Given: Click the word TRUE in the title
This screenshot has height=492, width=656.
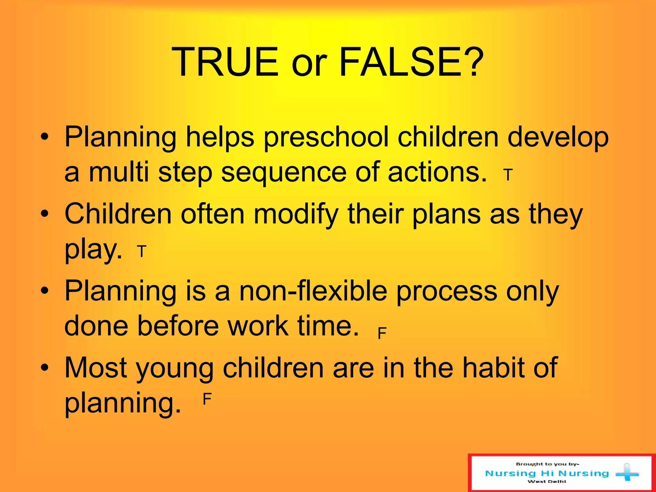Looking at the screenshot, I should (225, 62).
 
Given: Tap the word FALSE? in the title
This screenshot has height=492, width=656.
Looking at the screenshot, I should (411, 62).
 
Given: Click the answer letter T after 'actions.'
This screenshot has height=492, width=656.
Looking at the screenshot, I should (508, 175).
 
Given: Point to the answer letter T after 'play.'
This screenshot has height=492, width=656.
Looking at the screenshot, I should (142, 251).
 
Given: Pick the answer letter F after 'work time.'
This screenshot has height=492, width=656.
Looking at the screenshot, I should (382, 333).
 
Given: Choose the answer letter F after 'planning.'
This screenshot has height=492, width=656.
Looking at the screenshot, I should (207, 399).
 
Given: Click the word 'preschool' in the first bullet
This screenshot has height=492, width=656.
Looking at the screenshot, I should (326, 138).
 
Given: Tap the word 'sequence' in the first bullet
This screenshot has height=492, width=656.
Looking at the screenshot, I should (284, 173).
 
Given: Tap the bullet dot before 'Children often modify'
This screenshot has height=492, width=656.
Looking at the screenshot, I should (45, 214).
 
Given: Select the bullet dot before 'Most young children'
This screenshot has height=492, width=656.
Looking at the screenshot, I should (45, 367).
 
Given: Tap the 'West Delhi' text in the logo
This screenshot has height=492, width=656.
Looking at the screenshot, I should (546, 481).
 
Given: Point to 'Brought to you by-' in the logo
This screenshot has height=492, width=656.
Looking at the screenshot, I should (547, 464).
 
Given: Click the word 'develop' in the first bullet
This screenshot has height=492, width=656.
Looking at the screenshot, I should (558, 138).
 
